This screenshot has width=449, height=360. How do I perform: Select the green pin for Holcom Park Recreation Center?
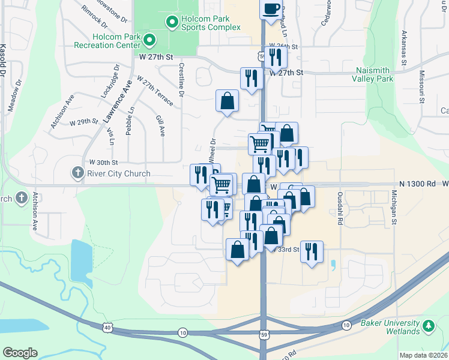pyautogui.click(x=149, y=41)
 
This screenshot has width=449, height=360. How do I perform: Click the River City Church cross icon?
pyautogui.click(x=77, y=173)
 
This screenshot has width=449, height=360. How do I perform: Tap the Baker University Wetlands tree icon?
pyautogui.click(x=428, y=326)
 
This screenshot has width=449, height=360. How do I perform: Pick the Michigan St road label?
pyautogui.click(x=394, y=207)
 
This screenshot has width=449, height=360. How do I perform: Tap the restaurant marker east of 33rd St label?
pyautogui.click(x=312, y=251)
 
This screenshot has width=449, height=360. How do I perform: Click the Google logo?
pyautogui.click(x=20, y=353)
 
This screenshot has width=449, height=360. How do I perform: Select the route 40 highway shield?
pyautogui.click(x=107, y=328)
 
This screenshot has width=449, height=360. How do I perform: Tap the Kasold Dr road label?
pyautogui.click(x=4, y=59)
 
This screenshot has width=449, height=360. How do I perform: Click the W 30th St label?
pyautogui.click(x=103, y=162)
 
